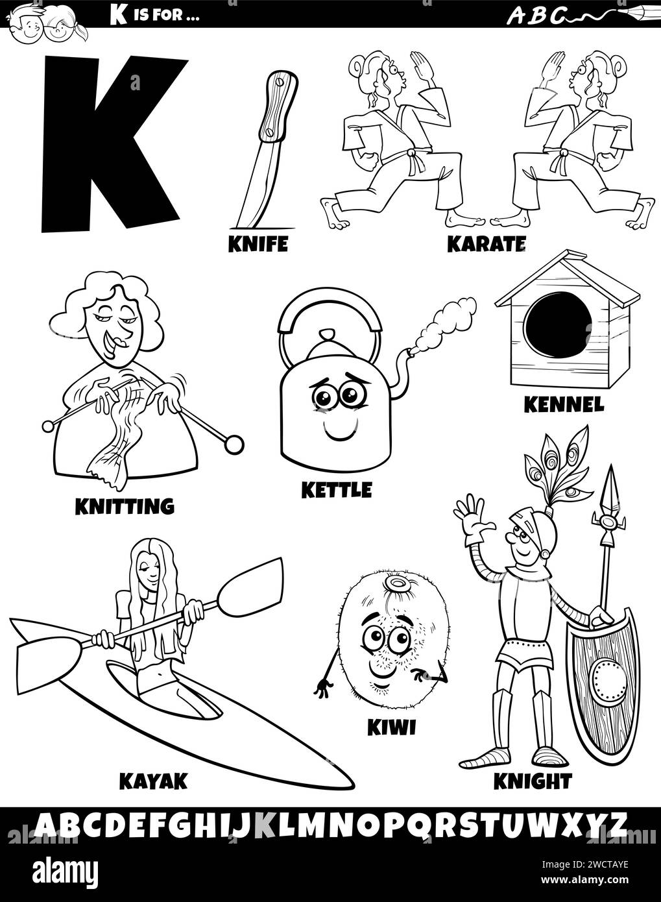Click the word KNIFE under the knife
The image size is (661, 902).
(x=258, y=244)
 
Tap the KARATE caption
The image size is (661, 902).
(x=485, y=244)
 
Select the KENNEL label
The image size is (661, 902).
(x=564, y=404)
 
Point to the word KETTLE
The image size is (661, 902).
(x=336, y=489)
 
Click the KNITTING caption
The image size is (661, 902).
(x=125, y=506)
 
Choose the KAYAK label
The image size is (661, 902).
(x=152, y=781)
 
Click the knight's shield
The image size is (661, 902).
(x=604, y=675)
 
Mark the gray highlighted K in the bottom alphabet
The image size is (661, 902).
(x=266, y=825)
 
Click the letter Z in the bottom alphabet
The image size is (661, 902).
(x=618, y=825)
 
